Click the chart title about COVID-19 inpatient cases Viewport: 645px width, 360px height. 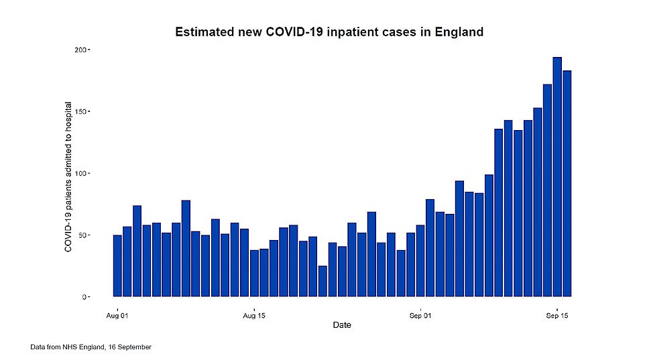point(329,32)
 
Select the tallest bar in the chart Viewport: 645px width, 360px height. point(556,177)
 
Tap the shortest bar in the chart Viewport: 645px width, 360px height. point(322,281)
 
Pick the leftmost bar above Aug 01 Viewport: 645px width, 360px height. point(117,265)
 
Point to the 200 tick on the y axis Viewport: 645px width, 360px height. point(80,50)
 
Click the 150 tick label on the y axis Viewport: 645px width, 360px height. point(80,112)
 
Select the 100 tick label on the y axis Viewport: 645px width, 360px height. point(80,174)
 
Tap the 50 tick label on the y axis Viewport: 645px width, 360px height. point(82,235)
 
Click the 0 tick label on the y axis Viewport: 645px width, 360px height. point(84,297)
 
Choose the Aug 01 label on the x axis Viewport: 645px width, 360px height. point(117,314)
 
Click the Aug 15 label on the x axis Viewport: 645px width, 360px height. point(254,314)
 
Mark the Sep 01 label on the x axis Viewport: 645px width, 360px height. point(420,314)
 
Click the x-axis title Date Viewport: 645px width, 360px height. point(342,325)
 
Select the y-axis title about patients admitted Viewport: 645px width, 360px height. point(68,177)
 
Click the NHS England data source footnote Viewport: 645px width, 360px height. point(91,347)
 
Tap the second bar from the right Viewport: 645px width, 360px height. point(556,177)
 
